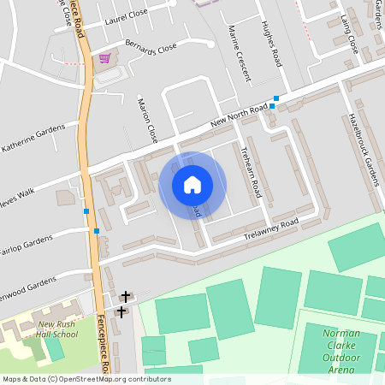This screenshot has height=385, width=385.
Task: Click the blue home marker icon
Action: click(x=192, y=185)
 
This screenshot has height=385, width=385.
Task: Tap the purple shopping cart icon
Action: click(x=104, y=57)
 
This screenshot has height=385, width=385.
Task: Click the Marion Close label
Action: click(x=147, y=120)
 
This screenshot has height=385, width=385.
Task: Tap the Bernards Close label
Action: click(x=151, y=46)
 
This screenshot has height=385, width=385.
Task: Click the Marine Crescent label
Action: click(x=240, y=53)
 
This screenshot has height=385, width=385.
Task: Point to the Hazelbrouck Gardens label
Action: click(x=365, y=150)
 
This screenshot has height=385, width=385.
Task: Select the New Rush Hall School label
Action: click(x=57, y=329)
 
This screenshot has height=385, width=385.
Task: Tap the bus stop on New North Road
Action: click(x=275, y=98)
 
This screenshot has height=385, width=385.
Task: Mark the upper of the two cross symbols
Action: click(x=126, y=296)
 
